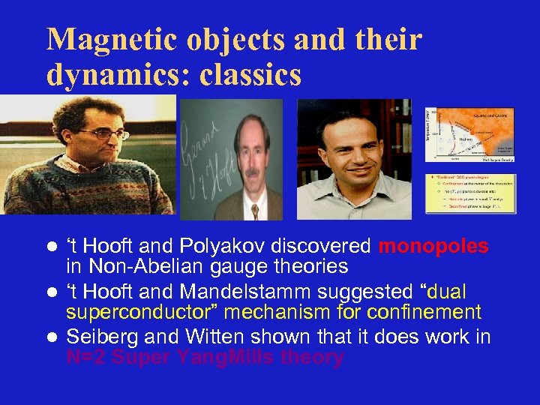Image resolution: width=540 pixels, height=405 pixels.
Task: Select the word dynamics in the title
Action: pos(103,75)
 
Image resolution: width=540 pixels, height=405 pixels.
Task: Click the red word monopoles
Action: pos(433,247)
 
